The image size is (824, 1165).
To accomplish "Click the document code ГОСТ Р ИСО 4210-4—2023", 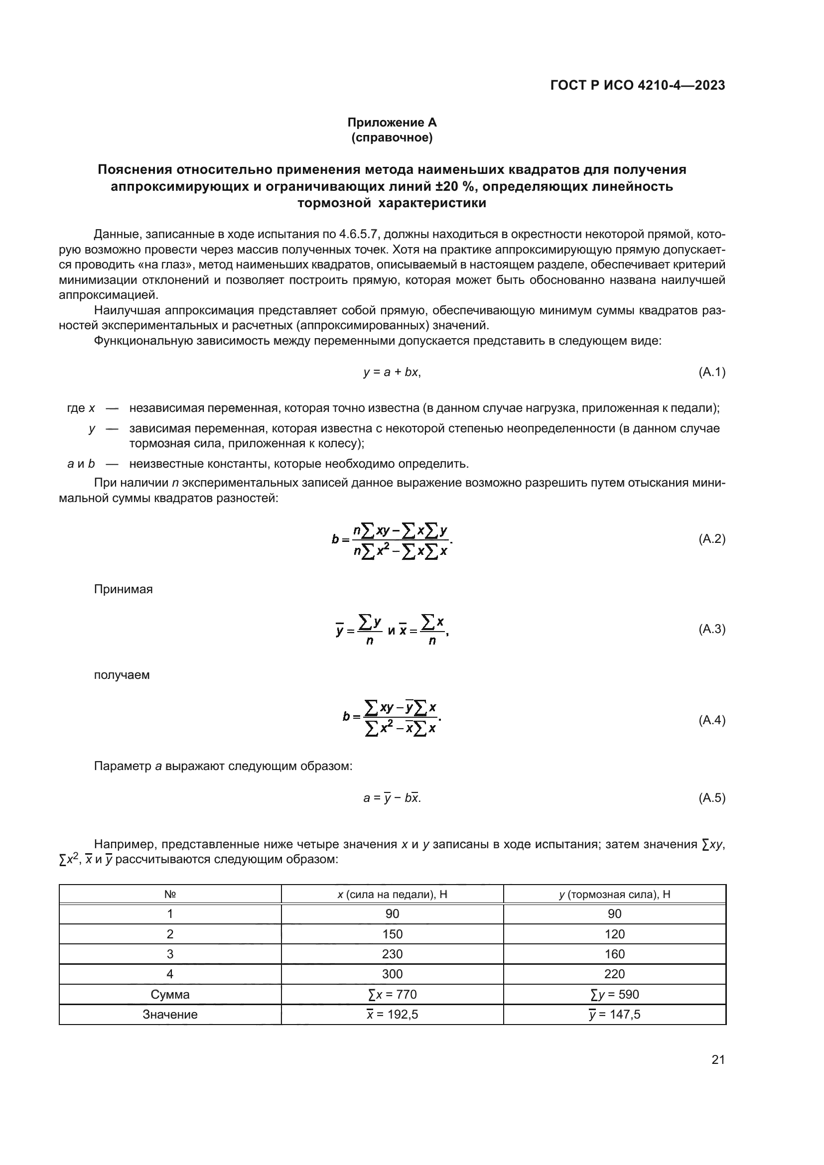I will point(637,85).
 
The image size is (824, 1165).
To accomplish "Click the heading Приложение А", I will point(392,123).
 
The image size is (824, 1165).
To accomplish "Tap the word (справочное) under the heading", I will point(392,137).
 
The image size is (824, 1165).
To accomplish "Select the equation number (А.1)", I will point(711,372).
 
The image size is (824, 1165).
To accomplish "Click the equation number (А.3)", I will point(711,629).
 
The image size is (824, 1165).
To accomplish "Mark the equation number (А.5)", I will point(711,798).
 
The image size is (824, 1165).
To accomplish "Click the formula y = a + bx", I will point(392,372).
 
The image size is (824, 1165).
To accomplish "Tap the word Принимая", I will point(123,589).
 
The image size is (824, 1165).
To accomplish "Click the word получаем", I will point(122,675).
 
